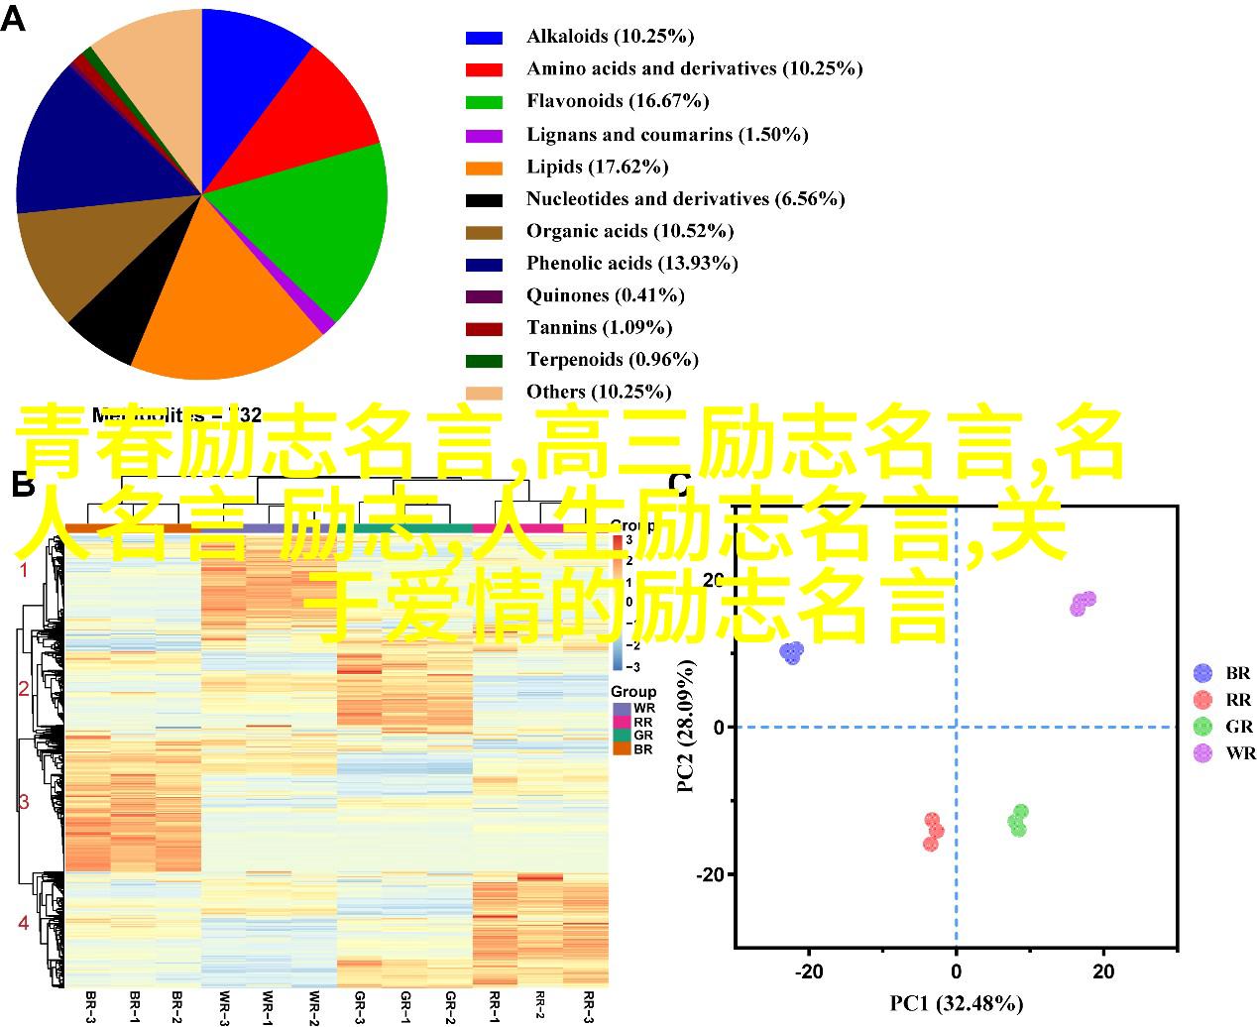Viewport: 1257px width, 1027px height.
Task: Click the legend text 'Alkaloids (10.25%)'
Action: pyautogui.click(x=610, y=37)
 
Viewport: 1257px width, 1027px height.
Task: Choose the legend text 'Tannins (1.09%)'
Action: pyautogui.click(x=599, y=327)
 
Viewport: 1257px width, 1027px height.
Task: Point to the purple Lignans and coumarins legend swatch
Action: pyautogui.click(x=484, y=135)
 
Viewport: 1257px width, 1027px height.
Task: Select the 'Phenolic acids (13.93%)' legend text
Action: pyautogui.click(x=631, y=263)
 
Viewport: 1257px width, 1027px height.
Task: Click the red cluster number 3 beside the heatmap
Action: pyautogui.click(x=24, y=803)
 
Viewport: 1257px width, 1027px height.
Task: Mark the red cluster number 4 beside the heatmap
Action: pyautogui.click(x=24, y=923)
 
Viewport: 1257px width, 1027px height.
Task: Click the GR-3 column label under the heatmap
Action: pyautogui.click(x=358, y=1006)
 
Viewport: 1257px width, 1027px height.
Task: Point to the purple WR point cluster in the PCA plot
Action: pyautogui.click(x=1083, y=603)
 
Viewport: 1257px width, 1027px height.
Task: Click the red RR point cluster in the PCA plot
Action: pyautogui.click(x=933, y=832)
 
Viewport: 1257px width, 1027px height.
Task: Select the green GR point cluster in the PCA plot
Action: pyautogui.click(x=1018, y=821)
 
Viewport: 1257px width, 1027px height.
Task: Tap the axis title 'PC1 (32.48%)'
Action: pyautogui.click(x=955, y=1004)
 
